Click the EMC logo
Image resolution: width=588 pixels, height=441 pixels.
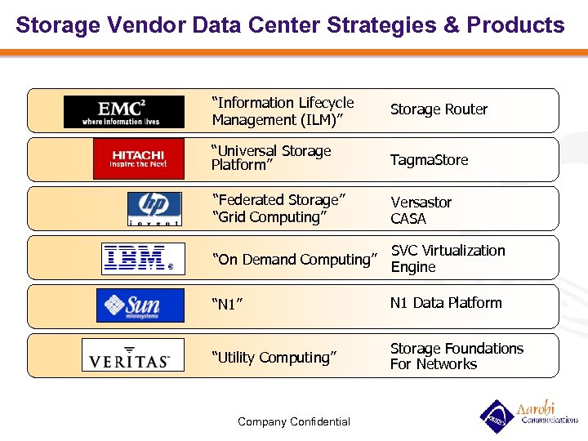click(124, 112)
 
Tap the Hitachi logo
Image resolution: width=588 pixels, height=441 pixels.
click(138, 158)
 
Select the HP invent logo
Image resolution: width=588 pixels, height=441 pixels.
click(154, 208)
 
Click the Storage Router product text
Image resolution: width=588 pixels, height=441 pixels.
click(439, 109)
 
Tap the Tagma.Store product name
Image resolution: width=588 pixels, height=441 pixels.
click(429, 160)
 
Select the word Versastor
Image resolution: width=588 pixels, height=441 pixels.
click(421, 202)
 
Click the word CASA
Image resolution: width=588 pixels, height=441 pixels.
click(408, 219)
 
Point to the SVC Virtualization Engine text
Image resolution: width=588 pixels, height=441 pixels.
click(448, 258)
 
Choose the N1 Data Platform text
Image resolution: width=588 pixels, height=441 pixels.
click(445, 303)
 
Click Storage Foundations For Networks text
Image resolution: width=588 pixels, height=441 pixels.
click(456, 356)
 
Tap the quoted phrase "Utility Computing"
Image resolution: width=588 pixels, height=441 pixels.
click(274, 358)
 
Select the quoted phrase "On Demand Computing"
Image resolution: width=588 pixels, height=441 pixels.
click(295, 260)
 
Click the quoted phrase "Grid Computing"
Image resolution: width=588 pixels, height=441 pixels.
click(269, 217)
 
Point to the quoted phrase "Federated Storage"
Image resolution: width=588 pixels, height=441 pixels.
click(278, 200)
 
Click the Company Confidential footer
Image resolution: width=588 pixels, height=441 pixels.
click(293, 422)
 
